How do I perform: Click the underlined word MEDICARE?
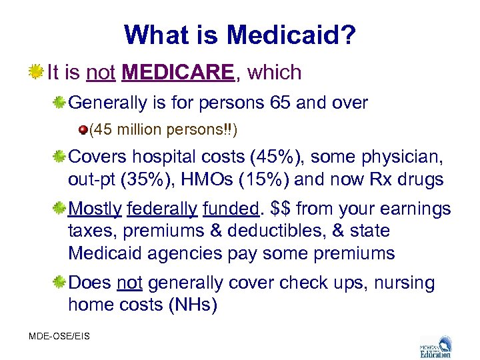pos(179,72)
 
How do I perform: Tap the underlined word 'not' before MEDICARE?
pos(101,72)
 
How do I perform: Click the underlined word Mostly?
pos(95,209)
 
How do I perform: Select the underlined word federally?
pos(162,209)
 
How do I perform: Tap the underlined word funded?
pos(231,209)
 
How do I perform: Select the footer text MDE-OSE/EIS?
pos(59,337)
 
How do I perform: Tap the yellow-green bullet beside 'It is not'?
pos(36,71)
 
